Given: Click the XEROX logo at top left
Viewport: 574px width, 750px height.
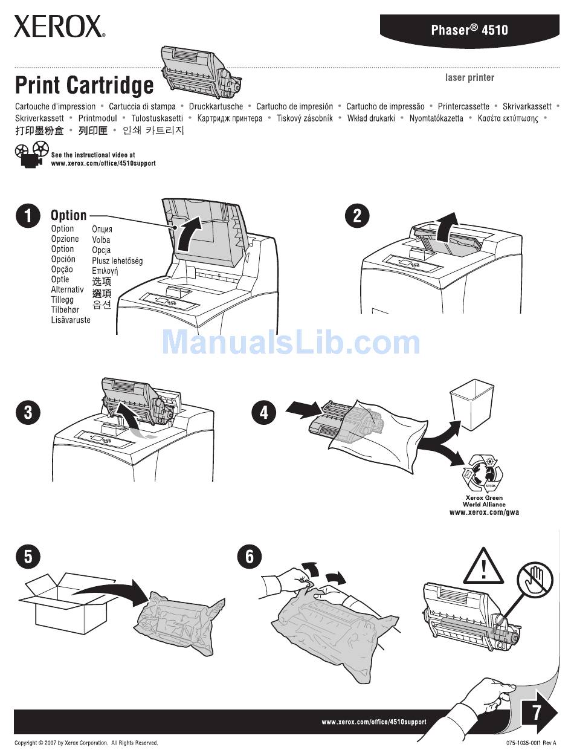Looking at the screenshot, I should coord(59,27).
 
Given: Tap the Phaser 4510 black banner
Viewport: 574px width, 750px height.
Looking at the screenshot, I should coord(469,30).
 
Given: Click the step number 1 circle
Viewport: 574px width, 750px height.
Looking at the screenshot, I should coord(28,216).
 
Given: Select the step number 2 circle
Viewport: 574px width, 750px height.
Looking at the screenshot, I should coord(357,216).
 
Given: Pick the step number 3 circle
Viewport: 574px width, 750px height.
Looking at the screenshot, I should coord(28,413).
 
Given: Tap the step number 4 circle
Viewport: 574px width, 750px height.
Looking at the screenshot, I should coord(264,413).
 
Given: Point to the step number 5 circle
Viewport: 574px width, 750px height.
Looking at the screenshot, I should coord(28,555).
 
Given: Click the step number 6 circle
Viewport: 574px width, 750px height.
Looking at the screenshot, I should coord(250,555).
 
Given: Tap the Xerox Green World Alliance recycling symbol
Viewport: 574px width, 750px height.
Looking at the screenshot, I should coord(483,474).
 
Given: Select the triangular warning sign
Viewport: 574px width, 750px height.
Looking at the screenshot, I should coord(484,567).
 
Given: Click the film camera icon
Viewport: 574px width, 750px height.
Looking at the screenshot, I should coord(31,155).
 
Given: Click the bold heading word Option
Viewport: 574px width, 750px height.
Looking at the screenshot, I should coord(68,215).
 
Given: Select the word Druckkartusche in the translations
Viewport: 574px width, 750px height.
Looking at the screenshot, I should coord(216,106).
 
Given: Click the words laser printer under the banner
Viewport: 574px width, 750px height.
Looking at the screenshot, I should coord(469,77).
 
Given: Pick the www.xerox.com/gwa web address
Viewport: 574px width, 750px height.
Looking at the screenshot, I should coord(484,512).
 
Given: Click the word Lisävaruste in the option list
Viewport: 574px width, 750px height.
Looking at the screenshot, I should coord(71,320).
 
